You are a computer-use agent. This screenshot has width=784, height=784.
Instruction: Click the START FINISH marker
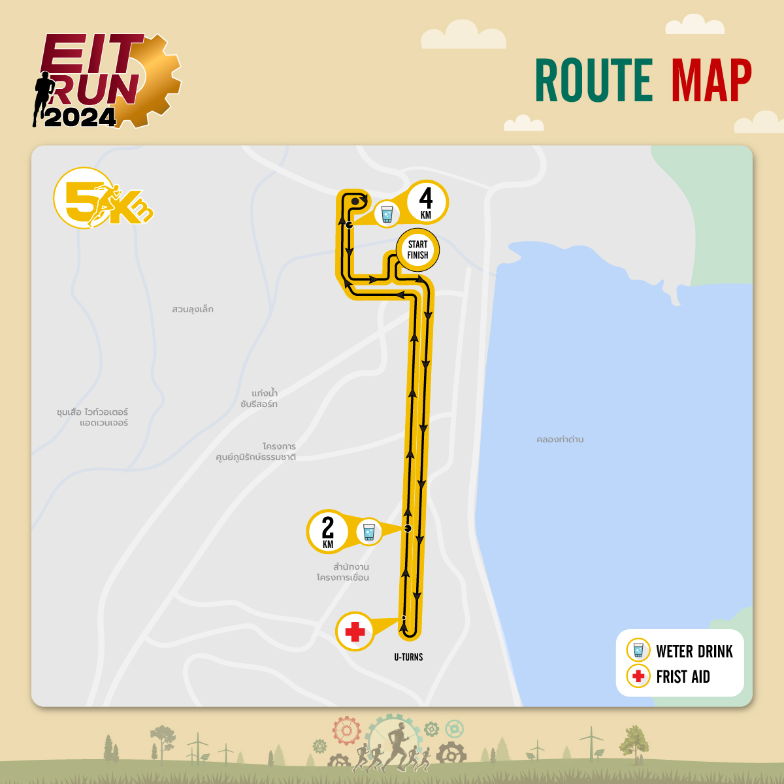click(417, 250)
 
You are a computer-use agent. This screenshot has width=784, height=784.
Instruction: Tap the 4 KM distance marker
click(426, 202)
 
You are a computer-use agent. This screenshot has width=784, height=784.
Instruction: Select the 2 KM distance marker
click(327, 531)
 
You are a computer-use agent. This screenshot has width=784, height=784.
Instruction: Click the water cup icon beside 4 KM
click(387, 214)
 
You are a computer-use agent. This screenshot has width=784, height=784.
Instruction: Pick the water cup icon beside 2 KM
click(369, 531)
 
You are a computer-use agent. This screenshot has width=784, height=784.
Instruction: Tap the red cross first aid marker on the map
click(355, 632)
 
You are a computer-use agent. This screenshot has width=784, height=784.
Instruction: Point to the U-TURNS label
click(408, 657)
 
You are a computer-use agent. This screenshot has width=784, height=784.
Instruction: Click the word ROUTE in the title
click(594, 80)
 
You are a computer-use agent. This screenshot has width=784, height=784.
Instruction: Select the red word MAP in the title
click(711, 80)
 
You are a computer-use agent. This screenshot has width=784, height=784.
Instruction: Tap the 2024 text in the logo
click(80, 118)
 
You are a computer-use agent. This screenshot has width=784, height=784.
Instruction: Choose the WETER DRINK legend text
click(694, 651)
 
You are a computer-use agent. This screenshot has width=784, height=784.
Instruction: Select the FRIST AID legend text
click(683, 677)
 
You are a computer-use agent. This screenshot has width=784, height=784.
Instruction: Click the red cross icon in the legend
click(638, 676)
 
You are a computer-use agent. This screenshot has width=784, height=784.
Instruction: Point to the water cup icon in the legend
click(638, 651)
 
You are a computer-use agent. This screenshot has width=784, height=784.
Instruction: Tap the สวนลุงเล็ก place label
click(193, 309)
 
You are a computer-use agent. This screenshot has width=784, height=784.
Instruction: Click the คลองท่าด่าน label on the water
click(560, 440)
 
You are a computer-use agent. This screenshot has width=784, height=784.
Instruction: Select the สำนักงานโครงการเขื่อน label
click(344, 572)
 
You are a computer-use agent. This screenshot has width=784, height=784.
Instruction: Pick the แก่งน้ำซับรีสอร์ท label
click(259, 399)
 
